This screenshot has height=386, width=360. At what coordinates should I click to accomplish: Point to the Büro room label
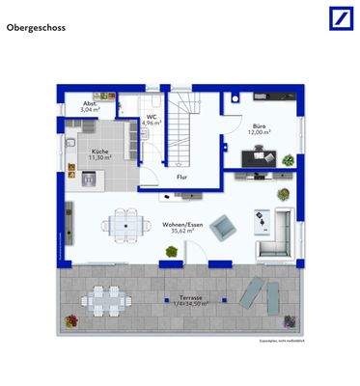tap(260, 126)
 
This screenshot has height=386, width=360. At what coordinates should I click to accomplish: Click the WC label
tap(152, 117)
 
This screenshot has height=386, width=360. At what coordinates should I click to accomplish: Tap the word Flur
tap(180, 178)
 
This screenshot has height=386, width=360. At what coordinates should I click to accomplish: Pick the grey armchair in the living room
tap(224, 228)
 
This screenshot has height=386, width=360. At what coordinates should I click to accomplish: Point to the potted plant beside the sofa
tap(284, 193)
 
